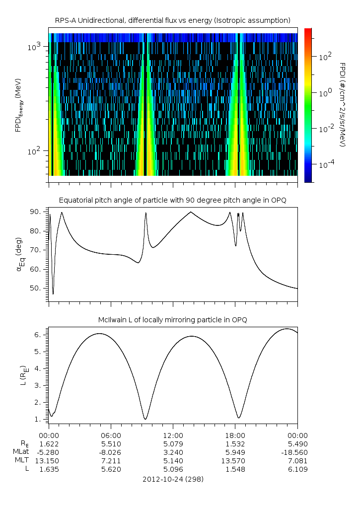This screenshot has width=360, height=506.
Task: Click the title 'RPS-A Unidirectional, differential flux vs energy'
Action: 173,20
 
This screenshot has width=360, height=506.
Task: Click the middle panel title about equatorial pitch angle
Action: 173,200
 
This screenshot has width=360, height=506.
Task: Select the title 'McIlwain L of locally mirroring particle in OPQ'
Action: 173,320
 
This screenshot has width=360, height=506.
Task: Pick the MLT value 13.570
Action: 235,460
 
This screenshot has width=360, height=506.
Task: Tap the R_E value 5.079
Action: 173,443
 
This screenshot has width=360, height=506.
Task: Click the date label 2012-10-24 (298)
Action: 173,479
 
